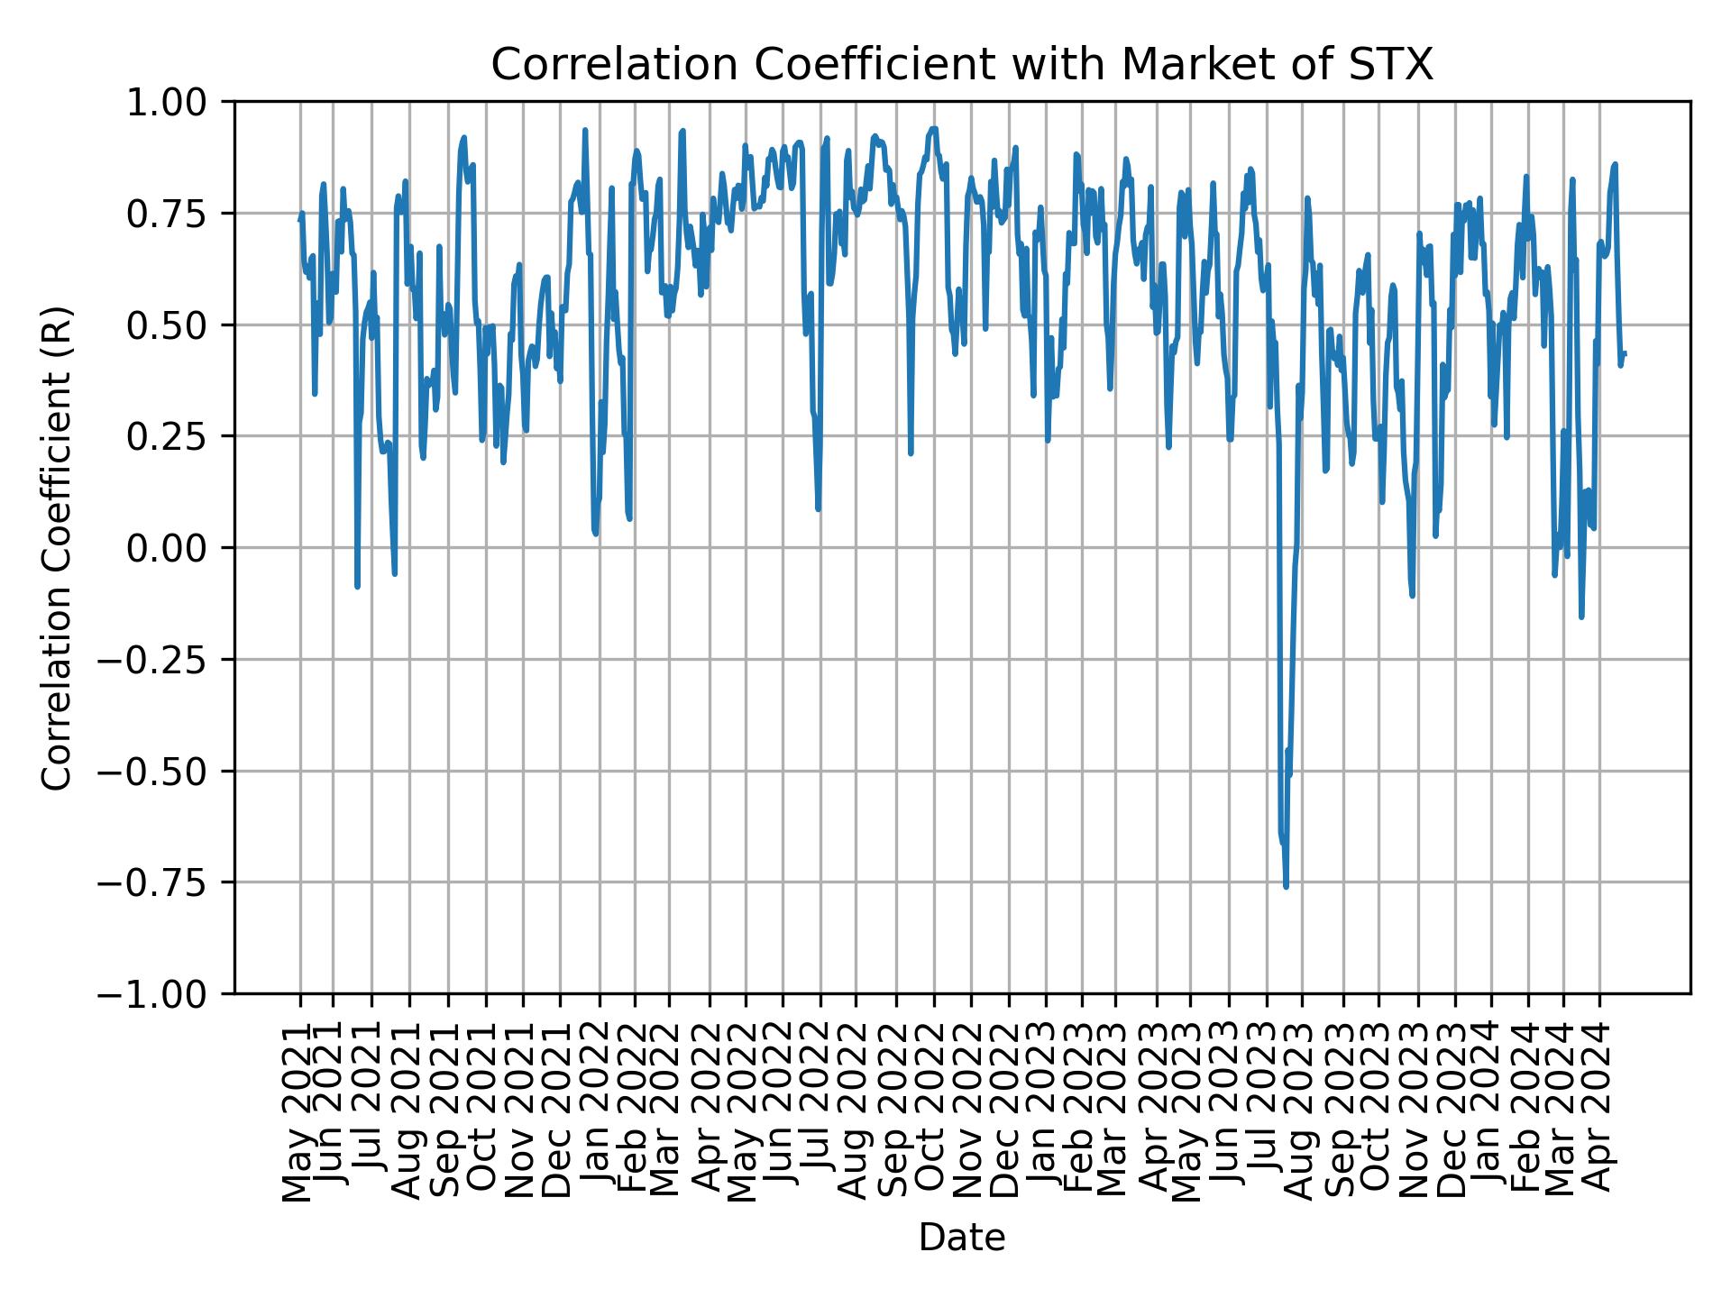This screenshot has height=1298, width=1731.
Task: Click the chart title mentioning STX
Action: [x=961, y=66]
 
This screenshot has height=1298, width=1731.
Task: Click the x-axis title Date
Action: [x=961, y=1238]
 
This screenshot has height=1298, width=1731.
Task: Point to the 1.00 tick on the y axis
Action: [x=179, y=103]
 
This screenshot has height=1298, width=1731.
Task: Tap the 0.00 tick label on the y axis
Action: [x=179, y=548]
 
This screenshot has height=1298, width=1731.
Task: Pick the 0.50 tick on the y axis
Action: [x=179, y=325]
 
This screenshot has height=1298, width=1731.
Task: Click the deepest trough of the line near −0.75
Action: [x=1286, y=886]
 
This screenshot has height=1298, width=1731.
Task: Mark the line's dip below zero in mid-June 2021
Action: [x=357, y=587]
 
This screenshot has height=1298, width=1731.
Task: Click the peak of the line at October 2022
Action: [x=933, y=128]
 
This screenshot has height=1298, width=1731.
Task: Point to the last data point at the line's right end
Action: [x=1625, y=353]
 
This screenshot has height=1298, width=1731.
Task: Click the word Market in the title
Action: [x=1174, y=66]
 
